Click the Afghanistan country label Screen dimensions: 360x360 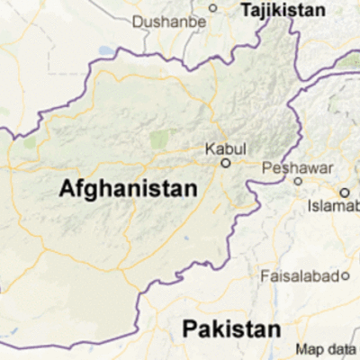click(x=127, y=190)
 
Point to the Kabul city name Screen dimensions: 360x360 click(x=225, y=148)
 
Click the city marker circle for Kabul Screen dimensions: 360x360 click(x=226, y=164)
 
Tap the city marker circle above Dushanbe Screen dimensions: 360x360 click(x=213, y=8)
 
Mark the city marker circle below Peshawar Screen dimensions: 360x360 click(x=298, y=180)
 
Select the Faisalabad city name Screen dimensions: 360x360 click(x=301, y=275)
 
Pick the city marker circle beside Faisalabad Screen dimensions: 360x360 click(x=345, y=275)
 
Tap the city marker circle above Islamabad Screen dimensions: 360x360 click(x=344, y=192)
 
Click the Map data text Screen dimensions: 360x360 click(x=328, y=349)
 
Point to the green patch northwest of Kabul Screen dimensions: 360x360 click(x=159, y=139)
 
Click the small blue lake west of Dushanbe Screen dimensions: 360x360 click(x=106, y=51)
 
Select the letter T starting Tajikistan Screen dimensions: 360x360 click(x=244, y=9)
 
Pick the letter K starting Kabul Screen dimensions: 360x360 click(x=210, y=148)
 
